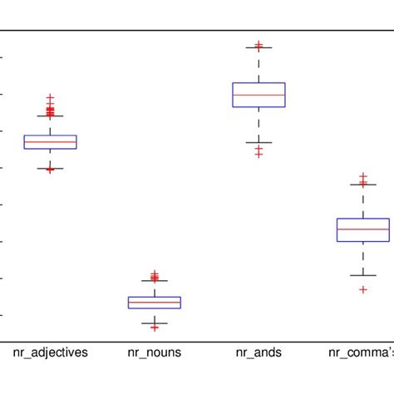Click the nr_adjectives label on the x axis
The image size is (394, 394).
click(x=50, y=352)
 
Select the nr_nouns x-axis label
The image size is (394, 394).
click(x=154, y=352)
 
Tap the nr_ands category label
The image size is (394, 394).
click(x=259, y=352)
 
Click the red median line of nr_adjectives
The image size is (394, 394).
click(x=50, y=142)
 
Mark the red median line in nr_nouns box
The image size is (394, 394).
click(x=154, y=303)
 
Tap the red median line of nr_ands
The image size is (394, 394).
click(x=259, y=96)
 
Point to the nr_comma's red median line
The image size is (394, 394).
click(x=363, y=229)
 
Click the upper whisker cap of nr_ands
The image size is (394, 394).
click(x=259, y=47)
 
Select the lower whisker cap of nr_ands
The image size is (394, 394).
click(x=259, y=142)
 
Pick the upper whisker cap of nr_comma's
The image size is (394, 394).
click(x=363, y=185)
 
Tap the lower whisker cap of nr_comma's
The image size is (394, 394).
click(x=363, y=275)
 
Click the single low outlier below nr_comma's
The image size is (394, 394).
click(x=363, y=289)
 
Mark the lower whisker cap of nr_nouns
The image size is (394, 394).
click(x=154, y=323)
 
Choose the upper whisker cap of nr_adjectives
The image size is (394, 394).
click(x=50, y=116)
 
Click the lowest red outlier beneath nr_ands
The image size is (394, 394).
click(x=259, y=155)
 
